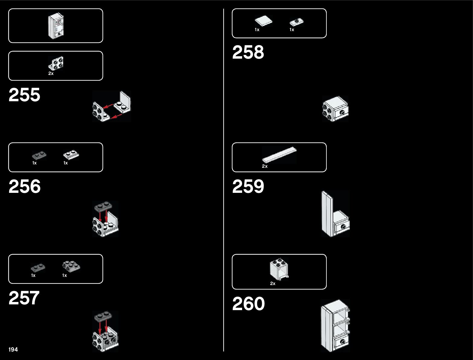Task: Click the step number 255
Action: pyautogui.click(x=24, y=95)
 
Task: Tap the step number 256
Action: pyautogui.click(x=24, y=186)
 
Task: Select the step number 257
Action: pyautogui.click(x=24, y=298)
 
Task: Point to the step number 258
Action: pyautogui.click(x=248, y=52)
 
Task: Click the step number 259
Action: pyautogui.click(x=248, y=186)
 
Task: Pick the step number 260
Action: pyautogui.click(x=248, y=304)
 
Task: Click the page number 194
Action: pyautogui.click(x=13, y=349)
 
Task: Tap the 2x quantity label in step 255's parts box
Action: pyautogui.click(x=51, y=73)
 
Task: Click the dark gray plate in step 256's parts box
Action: pyautogui.click(x=39, y=156)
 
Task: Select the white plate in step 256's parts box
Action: pyautogui.click(x=71, y=155)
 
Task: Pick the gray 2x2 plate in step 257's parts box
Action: pyautogui.click(x=71, y=266)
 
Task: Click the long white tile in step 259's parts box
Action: pyautogui.click(x=279, y=154)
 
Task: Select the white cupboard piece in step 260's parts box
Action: pyautogui.click(x=279, y=269)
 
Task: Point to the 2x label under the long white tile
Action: pyautogui.click(x=264, y=166)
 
